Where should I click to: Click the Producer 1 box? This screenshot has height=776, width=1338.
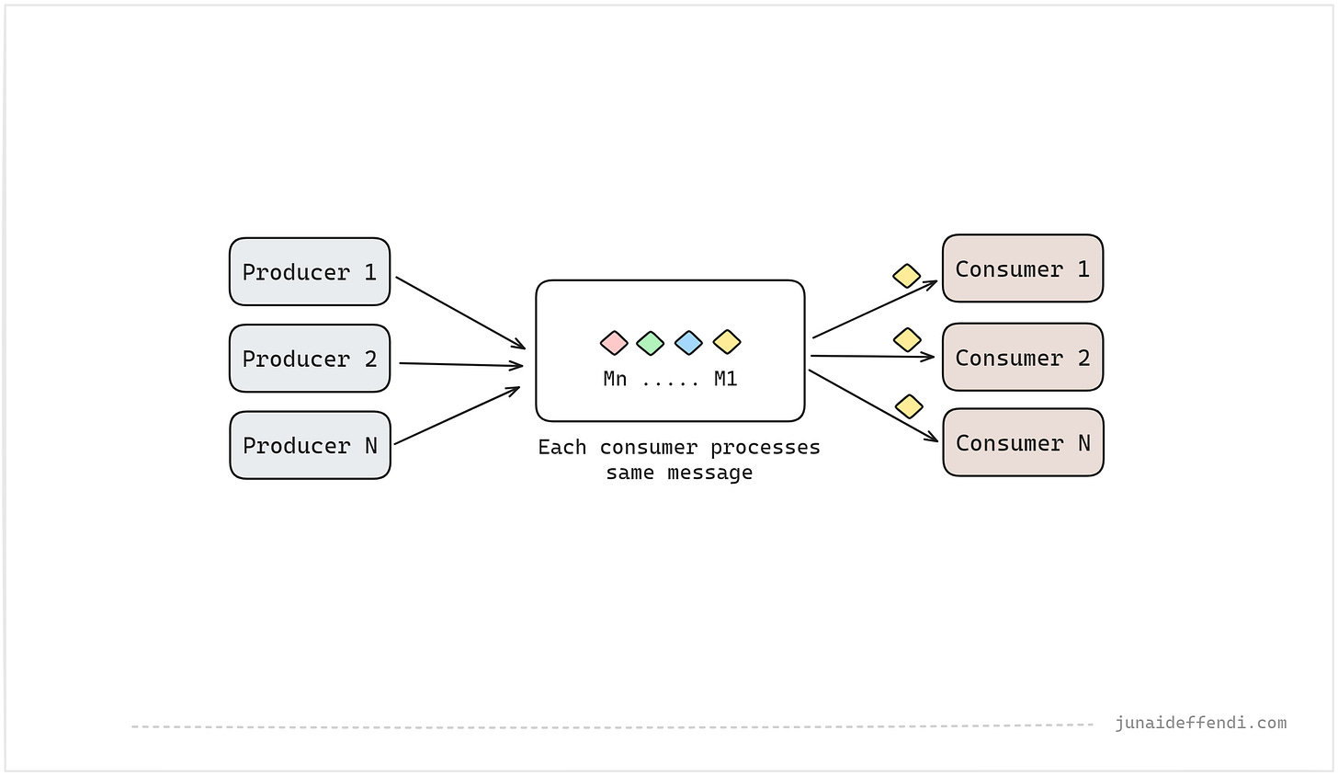point(310,272)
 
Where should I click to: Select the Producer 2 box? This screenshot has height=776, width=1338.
point(310,359)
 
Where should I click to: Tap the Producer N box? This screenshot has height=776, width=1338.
point(310,445)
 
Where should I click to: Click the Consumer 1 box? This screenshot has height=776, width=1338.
point(1023,268)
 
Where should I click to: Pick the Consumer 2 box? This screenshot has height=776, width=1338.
point(1023,357)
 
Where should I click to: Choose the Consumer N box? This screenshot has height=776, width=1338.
point(1023,443)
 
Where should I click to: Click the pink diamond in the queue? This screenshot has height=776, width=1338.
point(614,343)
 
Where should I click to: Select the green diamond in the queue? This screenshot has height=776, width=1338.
point(650,343)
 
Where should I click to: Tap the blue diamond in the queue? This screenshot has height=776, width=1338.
point(688,343)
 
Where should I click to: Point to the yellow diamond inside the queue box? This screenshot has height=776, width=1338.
point(727,342)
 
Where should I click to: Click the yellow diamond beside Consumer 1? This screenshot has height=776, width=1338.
point(907,276)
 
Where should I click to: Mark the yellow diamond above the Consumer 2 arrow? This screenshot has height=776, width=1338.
point(907,339)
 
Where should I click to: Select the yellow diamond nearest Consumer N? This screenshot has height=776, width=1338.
point(909,406)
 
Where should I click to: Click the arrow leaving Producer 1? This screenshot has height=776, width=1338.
point(459,313)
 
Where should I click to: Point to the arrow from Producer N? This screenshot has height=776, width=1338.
point(457,416)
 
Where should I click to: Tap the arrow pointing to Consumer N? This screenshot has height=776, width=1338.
point(873,405)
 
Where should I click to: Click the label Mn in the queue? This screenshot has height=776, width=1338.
point(615,379)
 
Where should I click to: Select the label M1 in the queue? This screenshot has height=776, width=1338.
point(726,379)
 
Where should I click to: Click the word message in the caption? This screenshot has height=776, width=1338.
point(710,473)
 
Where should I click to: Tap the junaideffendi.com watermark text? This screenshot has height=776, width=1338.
point(1200,723)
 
